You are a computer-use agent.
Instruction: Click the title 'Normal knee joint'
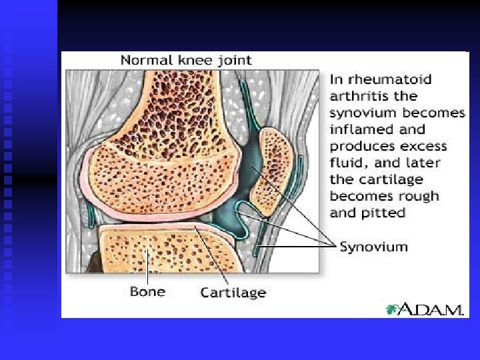pyautogui.click(x=186, y=60)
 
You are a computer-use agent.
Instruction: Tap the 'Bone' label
pyautogui.click(x=147, y=291)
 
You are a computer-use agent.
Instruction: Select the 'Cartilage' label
pyautogui.click(x=233, y=292)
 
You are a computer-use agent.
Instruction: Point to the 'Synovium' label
pyautogui.click(x=373, y=247)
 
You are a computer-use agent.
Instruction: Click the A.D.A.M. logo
pyautogui.click(x=425, y=309)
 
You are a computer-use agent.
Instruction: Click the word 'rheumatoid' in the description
pyautogui.click(x=382, y=79)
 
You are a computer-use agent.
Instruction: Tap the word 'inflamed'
pyautogui.click(x=360, y=129)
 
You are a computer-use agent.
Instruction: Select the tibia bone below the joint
pyautogui.click(x=160, y=250)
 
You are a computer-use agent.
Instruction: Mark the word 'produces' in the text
pyautogui.click(x=361, y=146)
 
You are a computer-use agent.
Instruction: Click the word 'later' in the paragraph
pyautogui.click(x=423, y=163)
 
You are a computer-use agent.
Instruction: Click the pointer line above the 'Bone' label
pyautogui.click(x=148, y=270)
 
